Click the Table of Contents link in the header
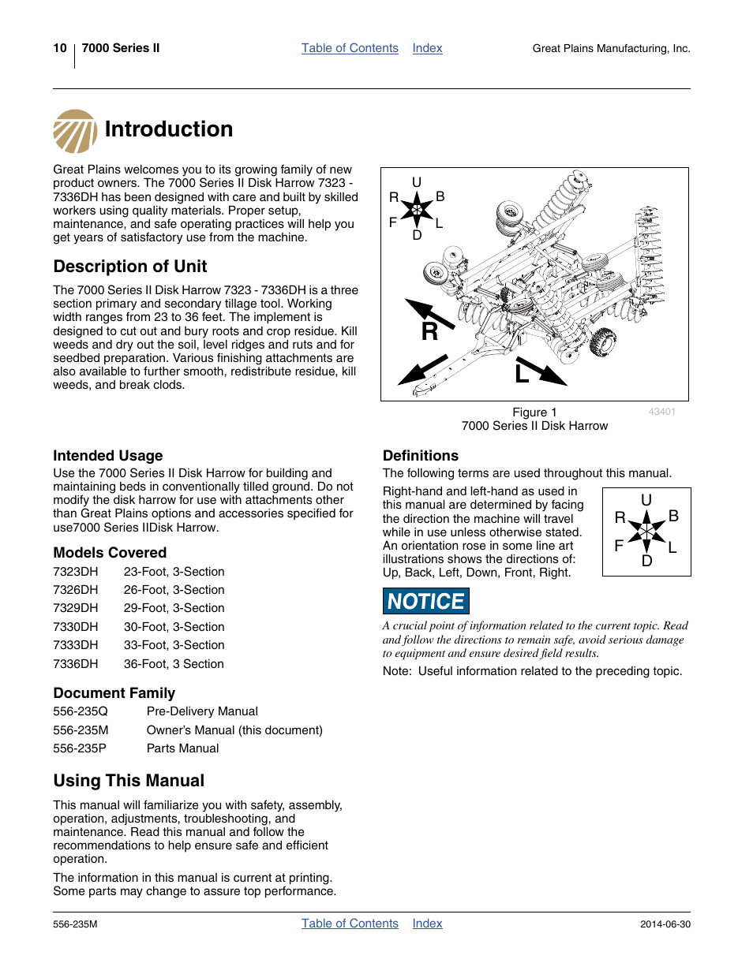click(350, 48)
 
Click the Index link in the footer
click(427, 924)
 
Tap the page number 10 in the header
click(60, 48)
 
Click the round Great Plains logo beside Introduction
click(75, 131)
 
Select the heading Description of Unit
click(130, 267)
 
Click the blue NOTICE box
click(426, 601)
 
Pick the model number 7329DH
click(76, 608)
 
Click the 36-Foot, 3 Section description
click(174, 664)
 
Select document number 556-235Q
click(81, 711)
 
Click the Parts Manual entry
click(183, 748)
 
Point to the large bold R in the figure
click(429, 332)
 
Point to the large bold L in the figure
click(522, 373)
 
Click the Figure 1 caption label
click(534, 412)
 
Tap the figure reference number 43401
click(661, 412)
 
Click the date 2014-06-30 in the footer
click(665, 924)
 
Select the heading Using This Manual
click(129, 781)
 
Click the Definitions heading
click(421, 456)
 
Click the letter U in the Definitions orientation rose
click(646, 501)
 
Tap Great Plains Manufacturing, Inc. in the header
click(611, 49)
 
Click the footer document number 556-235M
click(75, 924)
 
